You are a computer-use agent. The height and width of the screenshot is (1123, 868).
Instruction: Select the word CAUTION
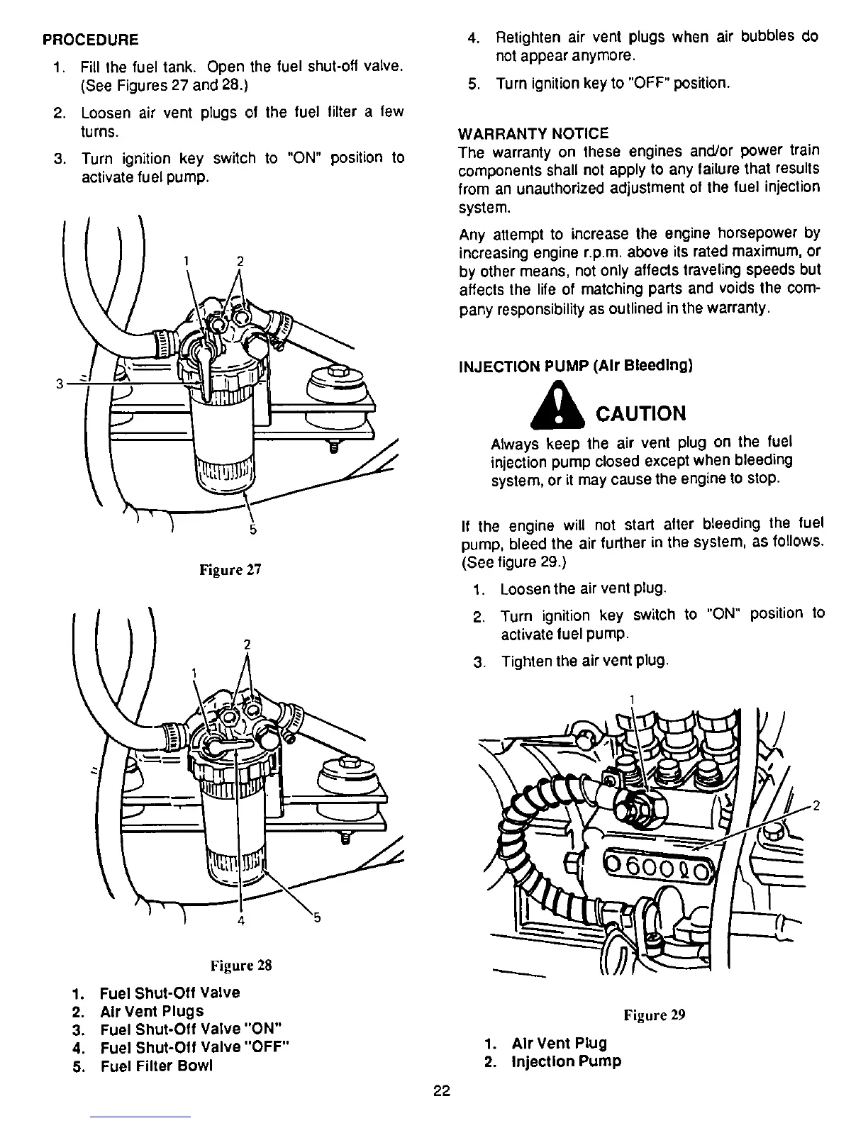click(x=641, y=413)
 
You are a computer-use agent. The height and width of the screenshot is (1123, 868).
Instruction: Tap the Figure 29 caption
click(x=654, y=1015)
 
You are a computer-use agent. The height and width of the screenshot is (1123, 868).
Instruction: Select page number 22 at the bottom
click(x=441, y=1091)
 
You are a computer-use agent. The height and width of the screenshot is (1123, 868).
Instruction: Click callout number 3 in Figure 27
click(x=60, y=384)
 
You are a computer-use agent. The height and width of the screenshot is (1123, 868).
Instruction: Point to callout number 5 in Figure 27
click(x=253, y=530)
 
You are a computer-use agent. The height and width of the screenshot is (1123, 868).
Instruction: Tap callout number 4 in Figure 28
click(x=241, y=921)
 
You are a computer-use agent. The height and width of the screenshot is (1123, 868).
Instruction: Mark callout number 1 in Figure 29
click(x=631, y=700)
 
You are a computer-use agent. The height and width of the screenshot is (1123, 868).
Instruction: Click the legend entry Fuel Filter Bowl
click(x=155, y=1066)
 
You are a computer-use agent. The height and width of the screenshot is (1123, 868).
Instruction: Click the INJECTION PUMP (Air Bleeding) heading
click(x=575, y=366)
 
